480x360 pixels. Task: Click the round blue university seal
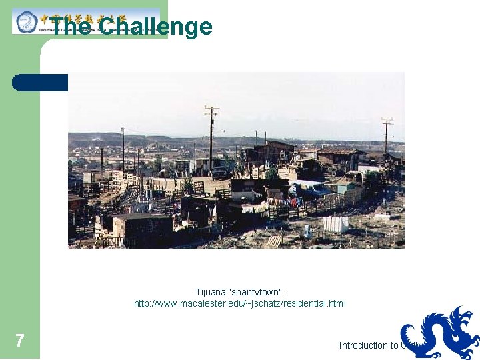[26, 21]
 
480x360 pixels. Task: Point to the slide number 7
[20, 341]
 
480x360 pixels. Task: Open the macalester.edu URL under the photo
[240, 304]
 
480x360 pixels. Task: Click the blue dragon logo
[441, 333]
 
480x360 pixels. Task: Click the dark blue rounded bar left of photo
[40, 82]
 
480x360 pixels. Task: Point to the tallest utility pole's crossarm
[211, 109]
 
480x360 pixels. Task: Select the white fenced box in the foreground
[335, 224]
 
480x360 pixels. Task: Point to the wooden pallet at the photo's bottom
[273, 241]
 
